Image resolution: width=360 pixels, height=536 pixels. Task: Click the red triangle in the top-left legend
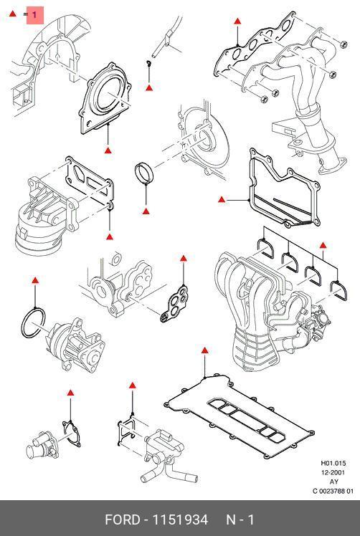13,14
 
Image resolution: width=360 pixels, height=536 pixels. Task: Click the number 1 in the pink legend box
34,15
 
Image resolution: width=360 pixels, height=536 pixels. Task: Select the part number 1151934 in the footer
180,520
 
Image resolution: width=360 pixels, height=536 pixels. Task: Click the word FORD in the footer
122,520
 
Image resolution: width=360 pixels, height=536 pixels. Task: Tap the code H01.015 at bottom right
333,463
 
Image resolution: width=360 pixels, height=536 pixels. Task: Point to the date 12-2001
333,472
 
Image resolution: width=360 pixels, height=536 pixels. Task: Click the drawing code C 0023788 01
333,492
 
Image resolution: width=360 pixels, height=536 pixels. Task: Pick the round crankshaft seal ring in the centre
145,173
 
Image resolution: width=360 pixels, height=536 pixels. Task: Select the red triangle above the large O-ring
35,281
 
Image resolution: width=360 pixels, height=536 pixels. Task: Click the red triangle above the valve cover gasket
204,350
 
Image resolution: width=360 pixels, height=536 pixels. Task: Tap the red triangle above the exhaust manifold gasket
237,21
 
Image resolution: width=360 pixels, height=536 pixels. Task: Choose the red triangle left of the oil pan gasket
222,199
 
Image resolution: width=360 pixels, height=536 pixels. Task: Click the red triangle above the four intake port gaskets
323,245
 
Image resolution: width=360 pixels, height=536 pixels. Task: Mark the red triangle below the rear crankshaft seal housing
108,150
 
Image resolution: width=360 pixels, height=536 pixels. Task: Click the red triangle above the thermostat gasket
70,393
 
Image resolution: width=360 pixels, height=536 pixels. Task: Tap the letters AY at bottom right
333,482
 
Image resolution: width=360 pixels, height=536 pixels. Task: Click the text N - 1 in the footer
240,520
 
